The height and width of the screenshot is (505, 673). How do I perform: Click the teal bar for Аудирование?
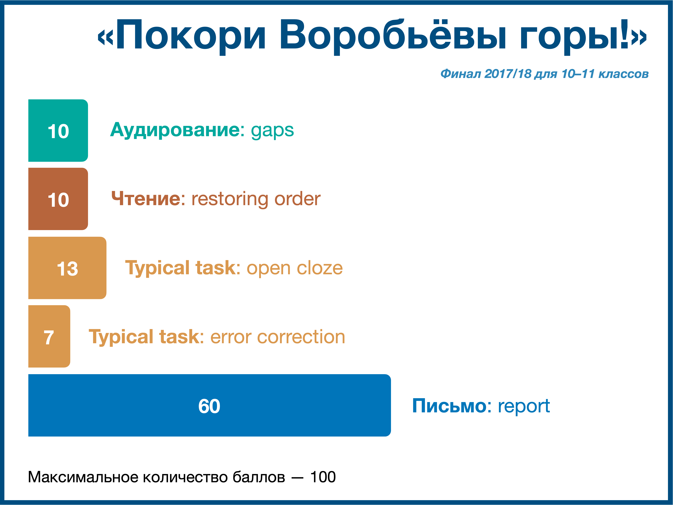(58, 131)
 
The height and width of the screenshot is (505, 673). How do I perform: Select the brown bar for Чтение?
(58, 199)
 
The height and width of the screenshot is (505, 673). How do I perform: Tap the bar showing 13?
(67, 268)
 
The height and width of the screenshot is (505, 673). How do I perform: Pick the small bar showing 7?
(49, 336)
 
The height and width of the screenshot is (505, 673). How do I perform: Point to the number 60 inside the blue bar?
(209, 406)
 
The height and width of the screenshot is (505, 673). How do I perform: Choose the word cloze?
(320, 268)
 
